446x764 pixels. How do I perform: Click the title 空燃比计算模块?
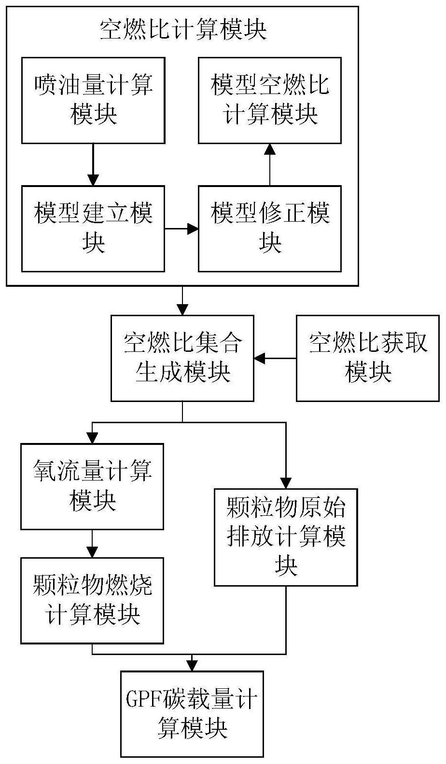(x=182, y=30)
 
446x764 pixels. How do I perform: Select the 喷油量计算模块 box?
(x=93, y=100)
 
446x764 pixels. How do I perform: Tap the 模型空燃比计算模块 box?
(x=270, y=100)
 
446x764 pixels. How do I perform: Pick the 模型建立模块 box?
(x=93, y=228)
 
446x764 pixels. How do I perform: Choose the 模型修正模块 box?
(x=270, y=228)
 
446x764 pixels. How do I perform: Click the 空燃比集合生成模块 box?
(x=182, y=358)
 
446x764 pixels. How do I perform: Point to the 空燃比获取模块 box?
(x=368, y=358)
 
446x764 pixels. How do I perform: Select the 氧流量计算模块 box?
(x=92, y=486)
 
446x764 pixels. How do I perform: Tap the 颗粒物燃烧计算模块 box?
(x=92, y=601)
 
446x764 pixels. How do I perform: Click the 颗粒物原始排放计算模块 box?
(x=286, y=537)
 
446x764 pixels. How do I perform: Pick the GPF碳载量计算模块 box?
(x=192, y=714)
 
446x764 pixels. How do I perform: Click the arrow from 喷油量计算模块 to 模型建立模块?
(x=93, y=164)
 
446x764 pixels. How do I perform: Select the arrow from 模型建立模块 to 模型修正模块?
(x=181, y=228)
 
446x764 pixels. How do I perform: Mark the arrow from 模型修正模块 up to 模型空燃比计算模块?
(x=270, y=164)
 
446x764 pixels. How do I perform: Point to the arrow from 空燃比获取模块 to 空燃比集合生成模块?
(x=275, y=358)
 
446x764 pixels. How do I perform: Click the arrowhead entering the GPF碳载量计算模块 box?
(x=192, y=665)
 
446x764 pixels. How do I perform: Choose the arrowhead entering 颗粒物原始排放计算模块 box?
(x=286, y=483)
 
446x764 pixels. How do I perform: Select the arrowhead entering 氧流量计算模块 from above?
(x=92, y=438)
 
